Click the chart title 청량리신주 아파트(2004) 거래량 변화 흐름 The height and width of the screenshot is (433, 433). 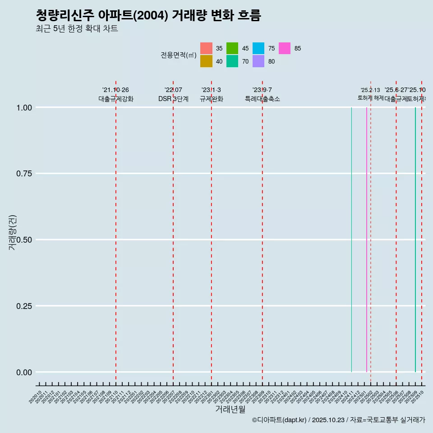(148, 15)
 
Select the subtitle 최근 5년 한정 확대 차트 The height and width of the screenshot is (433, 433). (77, 29)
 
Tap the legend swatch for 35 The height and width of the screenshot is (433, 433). (206, 48)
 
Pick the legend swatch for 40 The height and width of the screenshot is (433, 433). (206, 61)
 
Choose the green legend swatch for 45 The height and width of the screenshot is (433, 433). (232, 48)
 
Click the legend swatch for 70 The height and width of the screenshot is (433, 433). (232, 61)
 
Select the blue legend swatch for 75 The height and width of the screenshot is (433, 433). (258, 48)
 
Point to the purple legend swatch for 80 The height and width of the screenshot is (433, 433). (258, 61)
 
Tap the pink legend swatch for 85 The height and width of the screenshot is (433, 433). (285, 48)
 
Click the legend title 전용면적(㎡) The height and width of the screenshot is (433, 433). (179, 55)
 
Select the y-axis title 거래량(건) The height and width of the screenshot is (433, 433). (12, 232)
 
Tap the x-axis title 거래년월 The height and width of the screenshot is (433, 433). (230, 410)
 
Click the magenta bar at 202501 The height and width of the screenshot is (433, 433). (366, 240)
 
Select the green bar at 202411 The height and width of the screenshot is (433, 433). (351, 240)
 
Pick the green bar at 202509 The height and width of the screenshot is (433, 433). (415, 240)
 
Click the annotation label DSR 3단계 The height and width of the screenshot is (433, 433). (173, 99)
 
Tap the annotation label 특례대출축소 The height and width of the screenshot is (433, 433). (262, 99)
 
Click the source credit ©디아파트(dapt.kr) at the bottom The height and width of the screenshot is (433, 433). (280, 420)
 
